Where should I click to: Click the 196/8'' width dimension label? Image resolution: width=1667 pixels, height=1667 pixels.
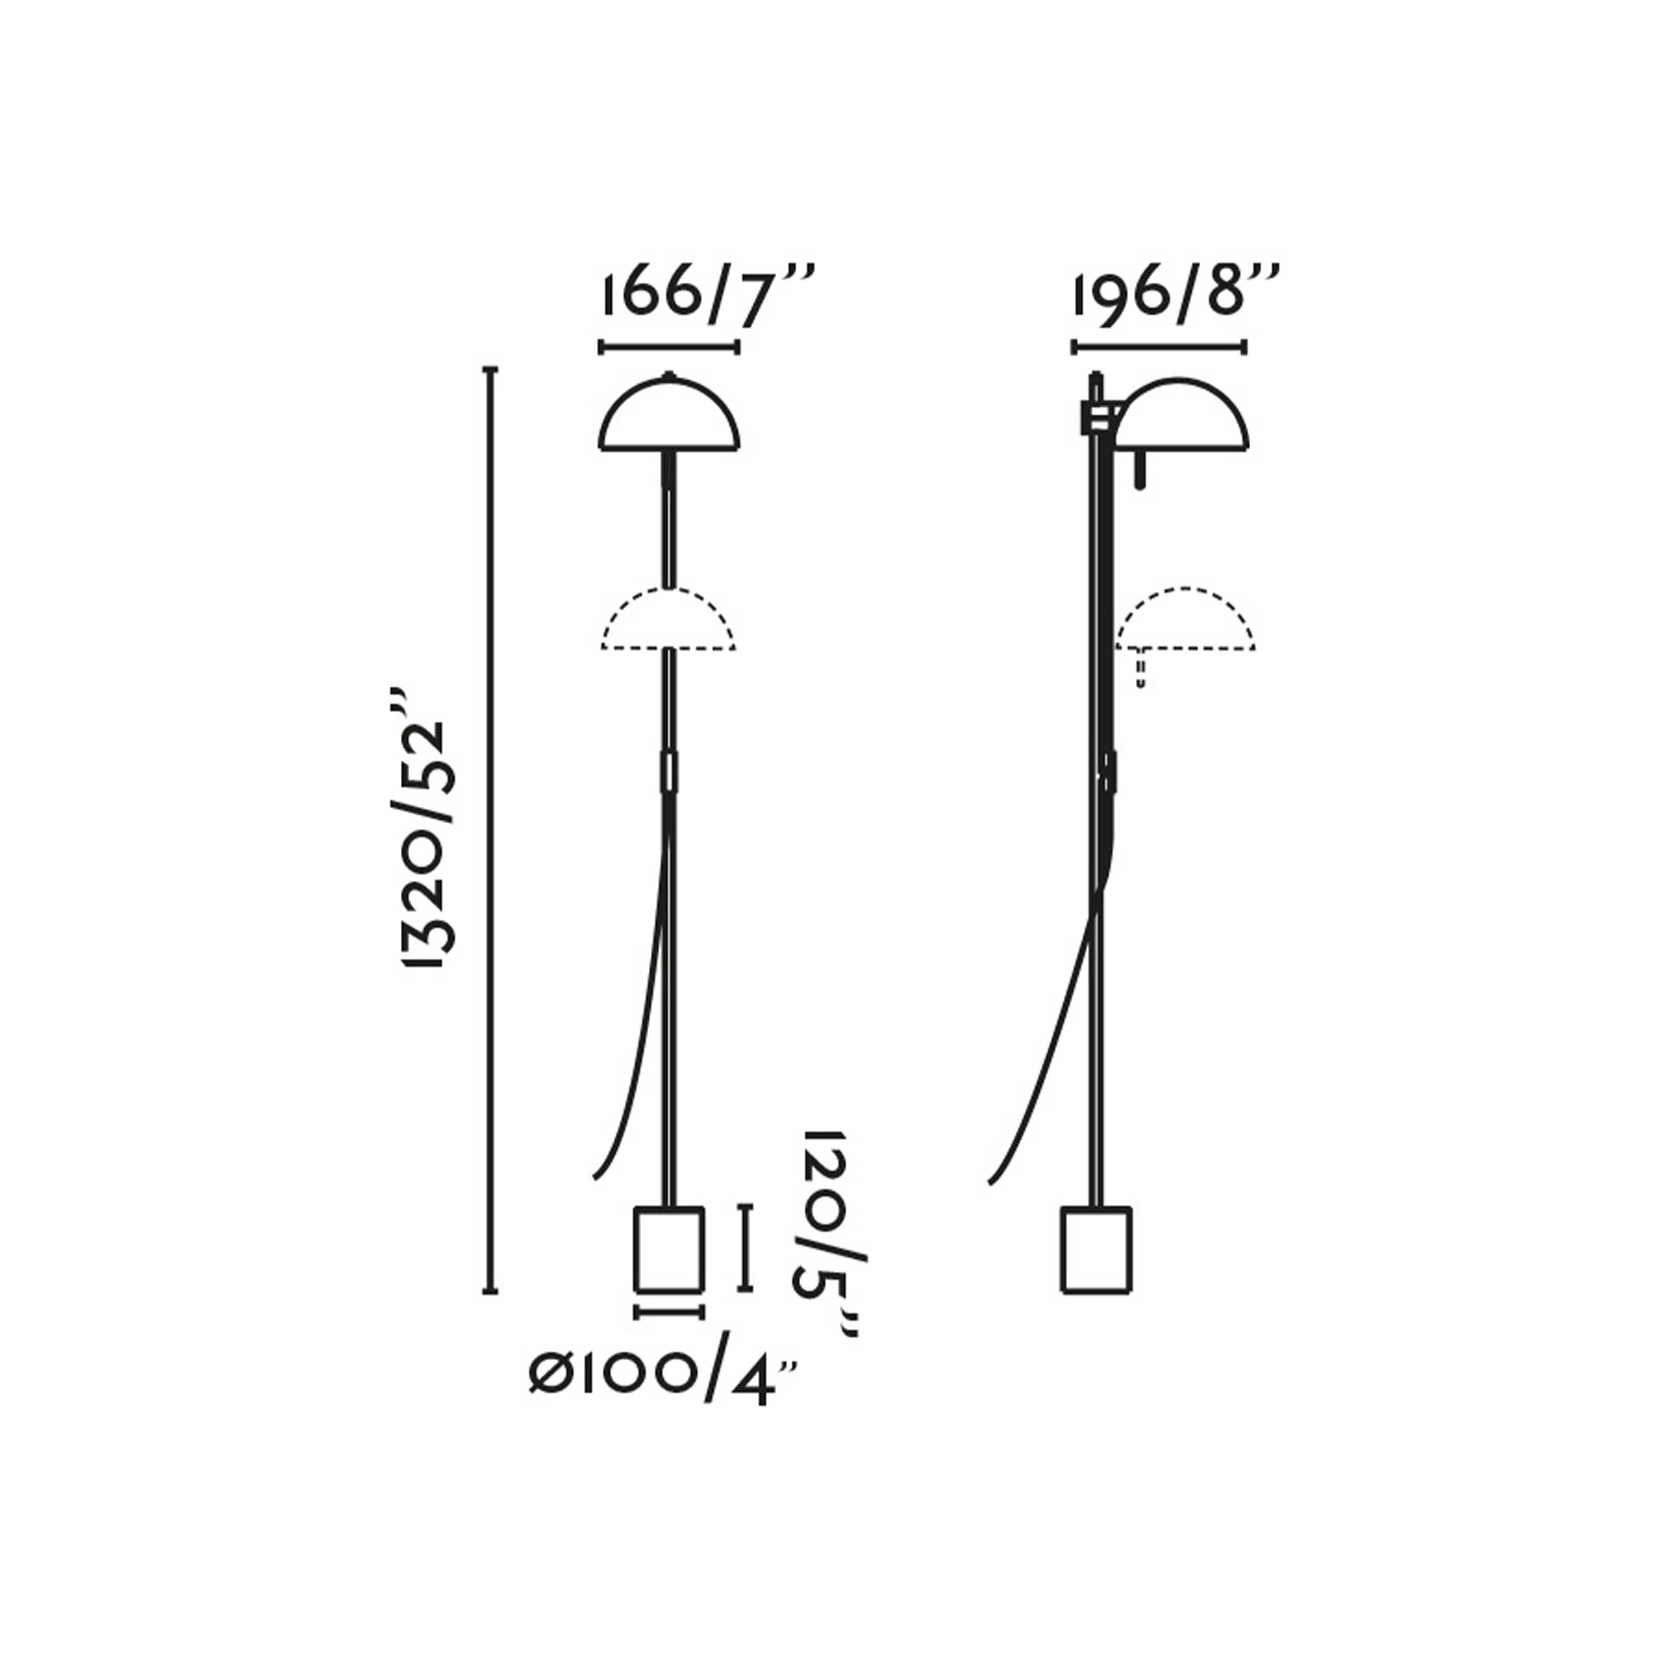tap(1175, 297)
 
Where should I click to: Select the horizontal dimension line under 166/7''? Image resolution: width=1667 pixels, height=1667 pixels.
tap(669, 347)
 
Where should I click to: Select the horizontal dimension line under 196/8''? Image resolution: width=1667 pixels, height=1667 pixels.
tap(1159, 347)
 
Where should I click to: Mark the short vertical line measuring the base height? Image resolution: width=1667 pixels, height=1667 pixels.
tap(745, 1248)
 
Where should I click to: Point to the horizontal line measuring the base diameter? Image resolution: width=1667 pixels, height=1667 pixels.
tap(669, 1312)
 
